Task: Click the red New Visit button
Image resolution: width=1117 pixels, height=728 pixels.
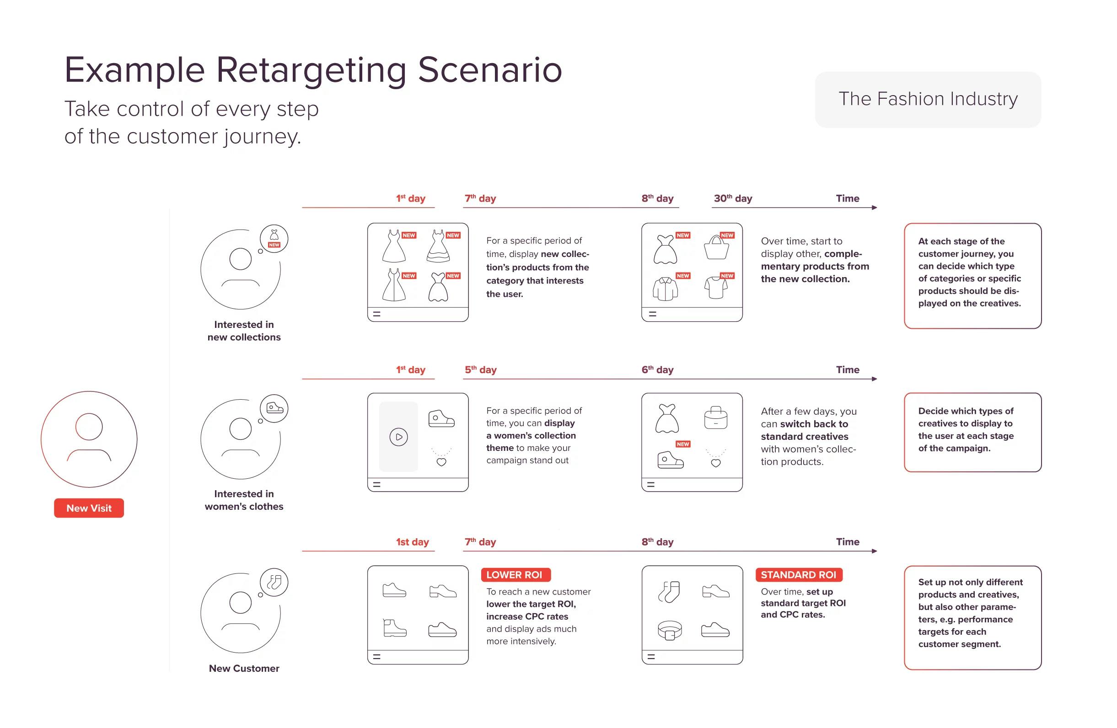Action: click(89, 508)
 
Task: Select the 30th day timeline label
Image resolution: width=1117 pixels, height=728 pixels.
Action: click(733, 198)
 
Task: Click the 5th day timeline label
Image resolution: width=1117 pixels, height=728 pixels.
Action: click(480, 369)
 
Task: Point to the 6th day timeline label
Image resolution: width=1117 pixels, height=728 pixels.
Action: click(657, 369)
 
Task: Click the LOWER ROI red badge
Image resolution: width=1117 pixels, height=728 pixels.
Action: click(516, 575)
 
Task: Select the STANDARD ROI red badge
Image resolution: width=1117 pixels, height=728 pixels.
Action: click(798, 575)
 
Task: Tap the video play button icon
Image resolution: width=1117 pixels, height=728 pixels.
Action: click(398, 437)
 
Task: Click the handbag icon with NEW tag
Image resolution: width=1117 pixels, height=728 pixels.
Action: click(717, 248)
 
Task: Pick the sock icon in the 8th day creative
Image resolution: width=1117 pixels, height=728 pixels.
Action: click(669, 592)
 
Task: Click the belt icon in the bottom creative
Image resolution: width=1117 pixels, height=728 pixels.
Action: click(669, 630)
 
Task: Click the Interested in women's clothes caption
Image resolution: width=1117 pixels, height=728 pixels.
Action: click(244, 500)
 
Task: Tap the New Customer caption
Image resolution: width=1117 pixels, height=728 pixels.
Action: click(244, 668)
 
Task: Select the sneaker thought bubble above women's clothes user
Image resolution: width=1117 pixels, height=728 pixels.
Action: click(274, 408)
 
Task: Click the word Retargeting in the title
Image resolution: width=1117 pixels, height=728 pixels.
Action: click(311, 70)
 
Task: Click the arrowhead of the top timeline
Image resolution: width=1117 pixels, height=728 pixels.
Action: click(874, 207)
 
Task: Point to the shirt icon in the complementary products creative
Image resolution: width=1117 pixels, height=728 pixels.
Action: click(666, 289)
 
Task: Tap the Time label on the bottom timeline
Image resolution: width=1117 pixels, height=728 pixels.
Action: click(847, 542)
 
